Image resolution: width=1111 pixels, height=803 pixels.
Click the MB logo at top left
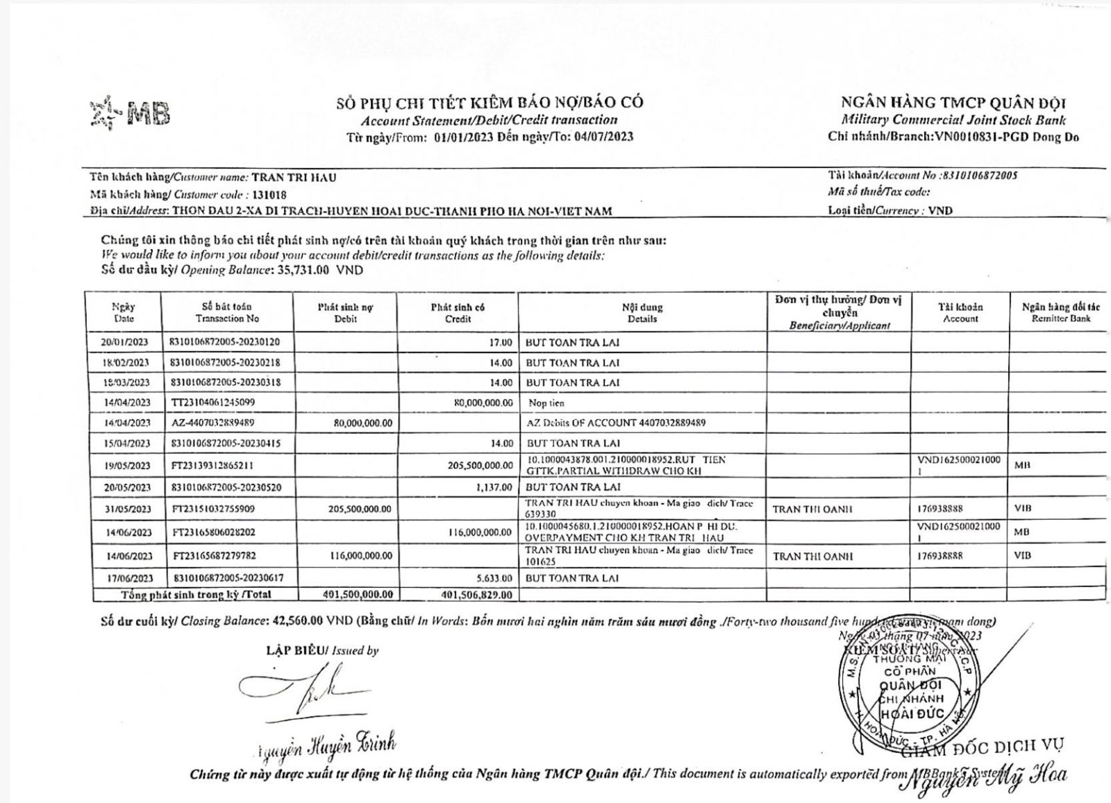131,114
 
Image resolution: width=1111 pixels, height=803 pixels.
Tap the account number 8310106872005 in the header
980,176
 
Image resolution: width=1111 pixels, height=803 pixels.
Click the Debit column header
345,312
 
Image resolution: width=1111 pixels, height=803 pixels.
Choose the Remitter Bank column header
1060,312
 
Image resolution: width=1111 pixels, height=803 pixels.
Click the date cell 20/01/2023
124,342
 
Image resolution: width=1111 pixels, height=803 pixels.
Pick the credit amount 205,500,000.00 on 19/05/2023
480,466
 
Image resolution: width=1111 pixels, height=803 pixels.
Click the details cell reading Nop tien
546,403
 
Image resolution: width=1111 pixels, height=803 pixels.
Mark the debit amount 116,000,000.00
358,556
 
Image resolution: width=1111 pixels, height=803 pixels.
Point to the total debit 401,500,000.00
358,595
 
